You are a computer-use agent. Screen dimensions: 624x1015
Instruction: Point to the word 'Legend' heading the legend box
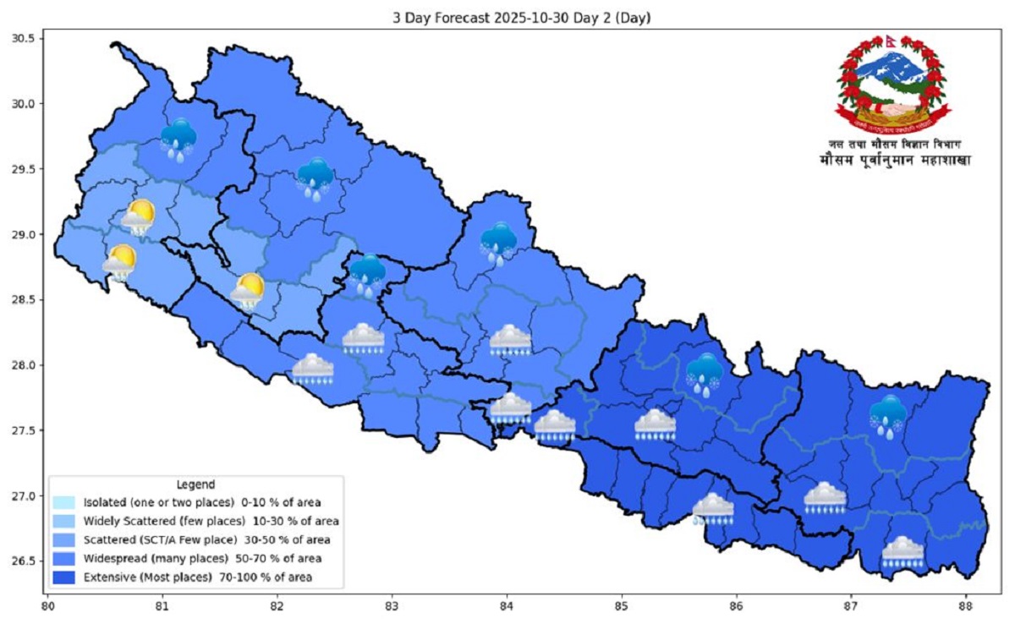point(194,484)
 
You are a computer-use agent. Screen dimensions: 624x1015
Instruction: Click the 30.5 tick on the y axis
point(23,39)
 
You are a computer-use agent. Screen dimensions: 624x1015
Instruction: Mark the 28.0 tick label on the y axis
point(23,365)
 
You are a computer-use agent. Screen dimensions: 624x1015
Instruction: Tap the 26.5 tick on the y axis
point(23,561)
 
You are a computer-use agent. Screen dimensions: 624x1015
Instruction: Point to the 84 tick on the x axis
point(507,606)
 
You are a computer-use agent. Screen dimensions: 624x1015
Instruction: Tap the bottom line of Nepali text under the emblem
point(894,160)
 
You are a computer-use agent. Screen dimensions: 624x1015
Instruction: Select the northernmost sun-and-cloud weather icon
point(137,218)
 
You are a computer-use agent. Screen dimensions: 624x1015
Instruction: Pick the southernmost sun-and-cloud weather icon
point(247,292)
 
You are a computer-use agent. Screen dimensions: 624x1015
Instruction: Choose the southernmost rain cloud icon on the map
point(903,552)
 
